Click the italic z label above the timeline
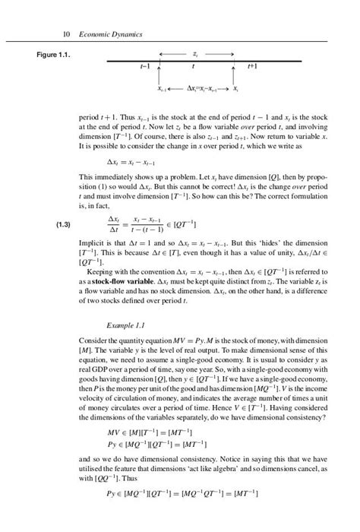click(196, 55)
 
